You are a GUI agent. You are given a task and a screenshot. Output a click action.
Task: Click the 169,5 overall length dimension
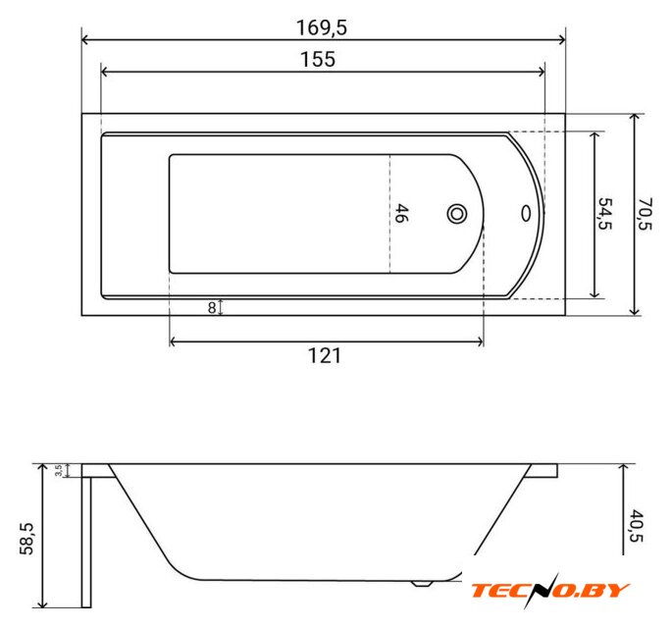tap(322, 28)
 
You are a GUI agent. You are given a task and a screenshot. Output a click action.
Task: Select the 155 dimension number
tap(318, 60)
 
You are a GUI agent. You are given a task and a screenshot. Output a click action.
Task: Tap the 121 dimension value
tap(325, 356)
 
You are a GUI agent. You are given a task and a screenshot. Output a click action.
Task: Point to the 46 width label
tap(400, 214)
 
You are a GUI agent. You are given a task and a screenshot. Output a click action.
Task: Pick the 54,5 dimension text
tap(605, 214)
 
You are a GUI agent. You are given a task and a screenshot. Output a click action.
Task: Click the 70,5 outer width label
tap(646, 214)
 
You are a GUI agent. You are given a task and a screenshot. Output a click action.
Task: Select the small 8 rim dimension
tap(212, 308)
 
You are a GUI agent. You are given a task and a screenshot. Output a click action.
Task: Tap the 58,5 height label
tap(26, 539)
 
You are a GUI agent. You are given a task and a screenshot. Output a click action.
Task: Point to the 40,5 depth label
tap(637, 526)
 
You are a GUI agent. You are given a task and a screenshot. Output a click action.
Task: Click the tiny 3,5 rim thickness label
tap(58, 470)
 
